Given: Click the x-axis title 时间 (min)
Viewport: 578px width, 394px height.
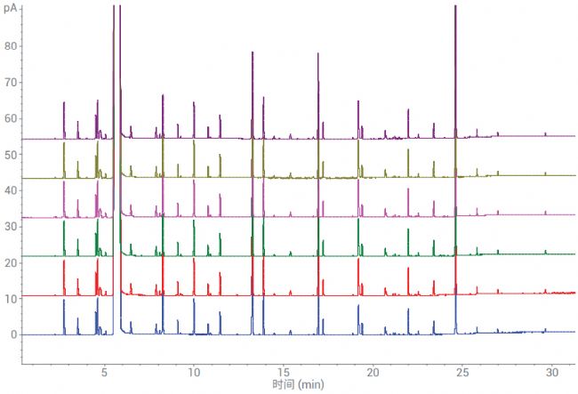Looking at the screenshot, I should (x=299, y=384).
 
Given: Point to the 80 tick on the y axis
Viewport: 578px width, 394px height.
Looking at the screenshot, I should (x=10, y=45).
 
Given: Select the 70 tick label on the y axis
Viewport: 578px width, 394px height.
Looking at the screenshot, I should (x=10, y=82).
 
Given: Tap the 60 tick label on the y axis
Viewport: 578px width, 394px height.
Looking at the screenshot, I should (x=10, y=118).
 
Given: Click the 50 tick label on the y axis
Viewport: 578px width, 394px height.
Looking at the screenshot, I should (x=10, y=154).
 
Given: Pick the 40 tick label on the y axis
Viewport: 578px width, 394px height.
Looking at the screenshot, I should (x=10, y=190).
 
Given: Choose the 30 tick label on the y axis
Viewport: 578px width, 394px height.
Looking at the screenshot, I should (x=10, y=227).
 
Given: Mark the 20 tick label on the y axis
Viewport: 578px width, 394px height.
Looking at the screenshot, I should (x=10, y=262).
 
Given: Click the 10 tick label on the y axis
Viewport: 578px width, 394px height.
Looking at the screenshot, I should (x=10, y=299).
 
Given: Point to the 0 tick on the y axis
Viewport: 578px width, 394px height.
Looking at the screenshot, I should (x=12, y=335).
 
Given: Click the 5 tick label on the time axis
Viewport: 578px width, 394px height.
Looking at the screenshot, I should (x=104, y=372).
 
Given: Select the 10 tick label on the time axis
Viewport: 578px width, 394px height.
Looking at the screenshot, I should (x=194, y=372).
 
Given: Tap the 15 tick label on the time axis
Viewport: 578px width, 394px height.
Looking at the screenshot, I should (x=284, y=372).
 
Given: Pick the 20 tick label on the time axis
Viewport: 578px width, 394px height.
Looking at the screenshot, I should (x=373, y=372).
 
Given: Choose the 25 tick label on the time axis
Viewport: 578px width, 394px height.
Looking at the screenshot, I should (x=462, y=372).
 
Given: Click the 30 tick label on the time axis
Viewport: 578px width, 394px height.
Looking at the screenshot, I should (x=552, y=372).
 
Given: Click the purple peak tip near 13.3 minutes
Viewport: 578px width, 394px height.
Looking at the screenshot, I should (x=253, y=52).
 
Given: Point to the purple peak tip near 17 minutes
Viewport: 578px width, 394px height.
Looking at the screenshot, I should (x=317, y=54).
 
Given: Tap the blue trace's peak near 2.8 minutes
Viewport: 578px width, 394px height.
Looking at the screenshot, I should (x=64, y=301).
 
